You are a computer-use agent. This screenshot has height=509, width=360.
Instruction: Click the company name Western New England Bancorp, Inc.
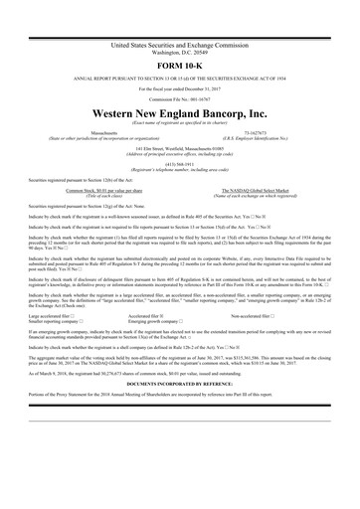coord(179,114)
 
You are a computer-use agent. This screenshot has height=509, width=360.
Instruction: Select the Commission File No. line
coord(179,99)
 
